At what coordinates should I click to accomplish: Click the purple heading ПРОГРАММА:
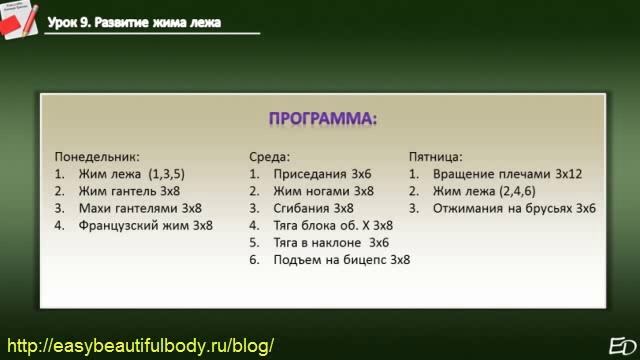[323, 120]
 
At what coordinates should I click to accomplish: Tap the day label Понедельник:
[97, 157]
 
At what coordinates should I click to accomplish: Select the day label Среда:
[270, 157]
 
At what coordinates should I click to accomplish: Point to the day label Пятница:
[436, 157]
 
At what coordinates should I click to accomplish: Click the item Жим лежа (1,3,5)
[131, 174]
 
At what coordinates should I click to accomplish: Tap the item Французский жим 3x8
[146, 225]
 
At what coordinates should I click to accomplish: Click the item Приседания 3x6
[322, 174]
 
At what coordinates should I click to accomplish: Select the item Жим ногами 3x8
[324, 191]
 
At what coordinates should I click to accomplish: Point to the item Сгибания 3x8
[314, 208]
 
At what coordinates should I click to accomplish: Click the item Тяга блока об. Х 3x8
[333, 225]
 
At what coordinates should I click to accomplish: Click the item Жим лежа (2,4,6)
[489, 191]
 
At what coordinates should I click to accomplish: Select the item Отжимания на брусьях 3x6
[514, 208]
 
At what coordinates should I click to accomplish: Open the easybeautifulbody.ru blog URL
[140, 345]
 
